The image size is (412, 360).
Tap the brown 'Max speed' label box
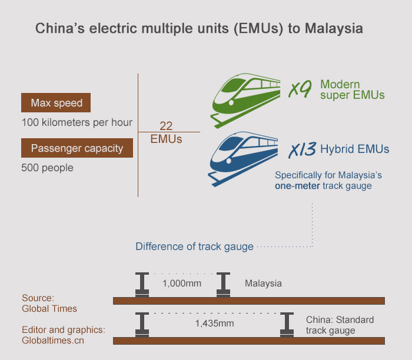coord(56,104)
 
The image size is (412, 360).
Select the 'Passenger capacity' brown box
coord(77,148)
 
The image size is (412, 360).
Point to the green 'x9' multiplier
coord(300,90)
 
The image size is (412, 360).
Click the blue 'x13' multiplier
coord(302,151)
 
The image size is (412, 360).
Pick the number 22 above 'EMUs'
coord(166,126)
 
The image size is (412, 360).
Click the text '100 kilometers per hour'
coord(77,123)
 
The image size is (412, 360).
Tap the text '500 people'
coord(47,168)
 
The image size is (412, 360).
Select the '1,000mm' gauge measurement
coord(181,284)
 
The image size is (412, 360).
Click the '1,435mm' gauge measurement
coord(214,324)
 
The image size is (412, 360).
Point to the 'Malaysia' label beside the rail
coord(263,284)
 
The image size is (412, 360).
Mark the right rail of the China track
coord(288,324)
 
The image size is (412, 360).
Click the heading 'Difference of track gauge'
coord(194,246)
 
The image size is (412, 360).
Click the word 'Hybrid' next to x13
coord(336,149)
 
